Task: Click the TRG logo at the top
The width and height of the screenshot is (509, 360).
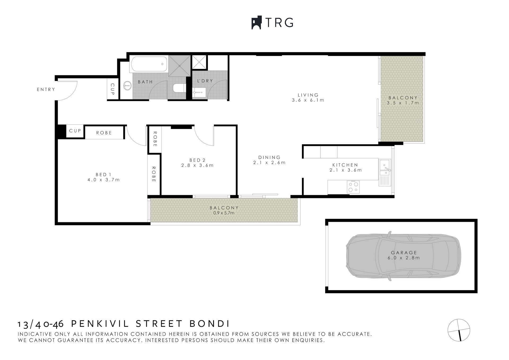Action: click(x=272, y=23)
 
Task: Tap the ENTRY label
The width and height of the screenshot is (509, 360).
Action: click(x=46, y=90)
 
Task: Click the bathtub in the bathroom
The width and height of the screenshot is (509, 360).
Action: click(x=148, y=64)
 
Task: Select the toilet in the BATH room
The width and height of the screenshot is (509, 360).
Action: click(x=179, y=88)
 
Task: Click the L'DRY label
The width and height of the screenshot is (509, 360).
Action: click(x=205, y=81)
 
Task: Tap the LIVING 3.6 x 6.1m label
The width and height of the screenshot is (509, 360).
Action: click(x=308, y=98)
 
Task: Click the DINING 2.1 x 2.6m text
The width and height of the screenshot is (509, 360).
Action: click(x=269, y=160)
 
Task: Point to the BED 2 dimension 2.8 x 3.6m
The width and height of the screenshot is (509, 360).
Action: click(x=198, y=165)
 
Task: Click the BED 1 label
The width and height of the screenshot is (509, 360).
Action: click(x=103, y=175)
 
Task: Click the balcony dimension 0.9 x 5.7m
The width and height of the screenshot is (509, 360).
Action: click(x=224, y=213)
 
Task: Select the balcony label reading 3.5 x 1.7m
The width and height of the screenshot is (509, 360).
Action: click(x=403, y=103)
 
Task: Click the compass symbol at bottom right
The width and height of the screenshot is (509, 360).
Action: click(x=459, y=330)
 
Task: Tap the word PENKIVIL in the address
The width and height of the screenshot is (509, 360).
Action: click(x=100, y=324)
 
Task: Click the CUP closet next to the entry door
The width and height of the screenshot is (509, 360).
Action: click(x=112, y=89)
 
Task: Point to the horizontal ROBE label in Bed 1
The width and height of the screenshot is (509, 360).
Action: click(x=104, y=133)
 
